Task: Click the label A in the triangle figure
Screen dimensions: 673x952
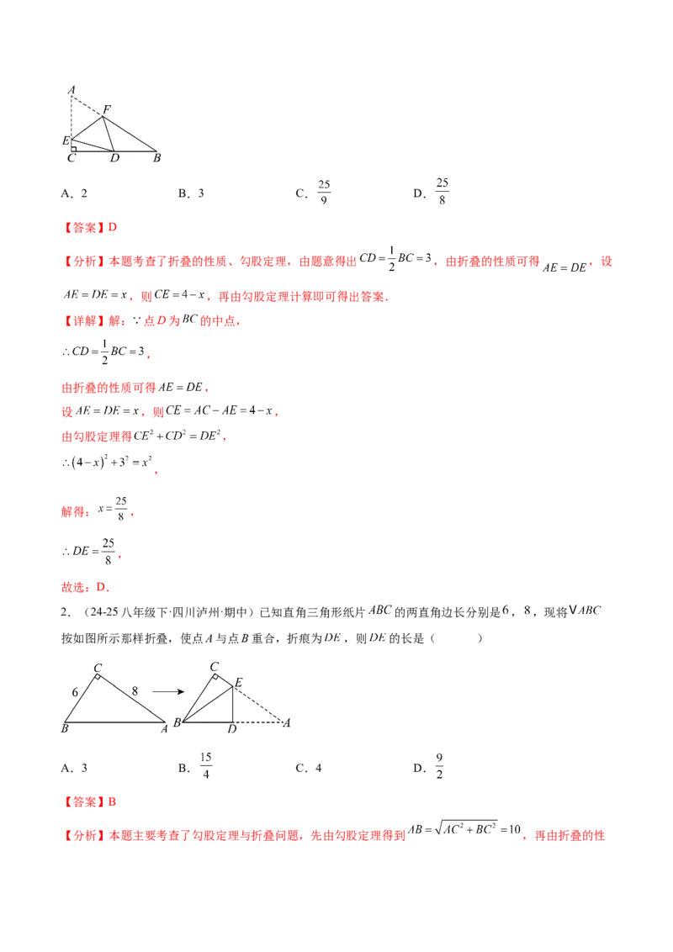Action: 72,89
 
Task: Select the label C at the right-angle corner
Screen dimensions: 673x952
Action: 72,158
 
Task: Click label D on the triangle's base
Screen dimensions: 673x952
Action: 114,158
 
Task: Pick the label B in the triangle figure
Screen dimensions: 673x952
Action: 156,158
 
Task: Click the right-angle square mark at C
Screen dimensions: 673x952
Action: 74,148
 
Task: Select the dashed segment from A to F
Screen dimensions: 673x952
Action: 87,106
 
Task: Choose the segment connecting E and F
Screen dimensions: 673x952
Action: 86,128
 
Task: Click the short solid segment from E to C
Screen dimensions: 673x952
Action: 71,145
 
